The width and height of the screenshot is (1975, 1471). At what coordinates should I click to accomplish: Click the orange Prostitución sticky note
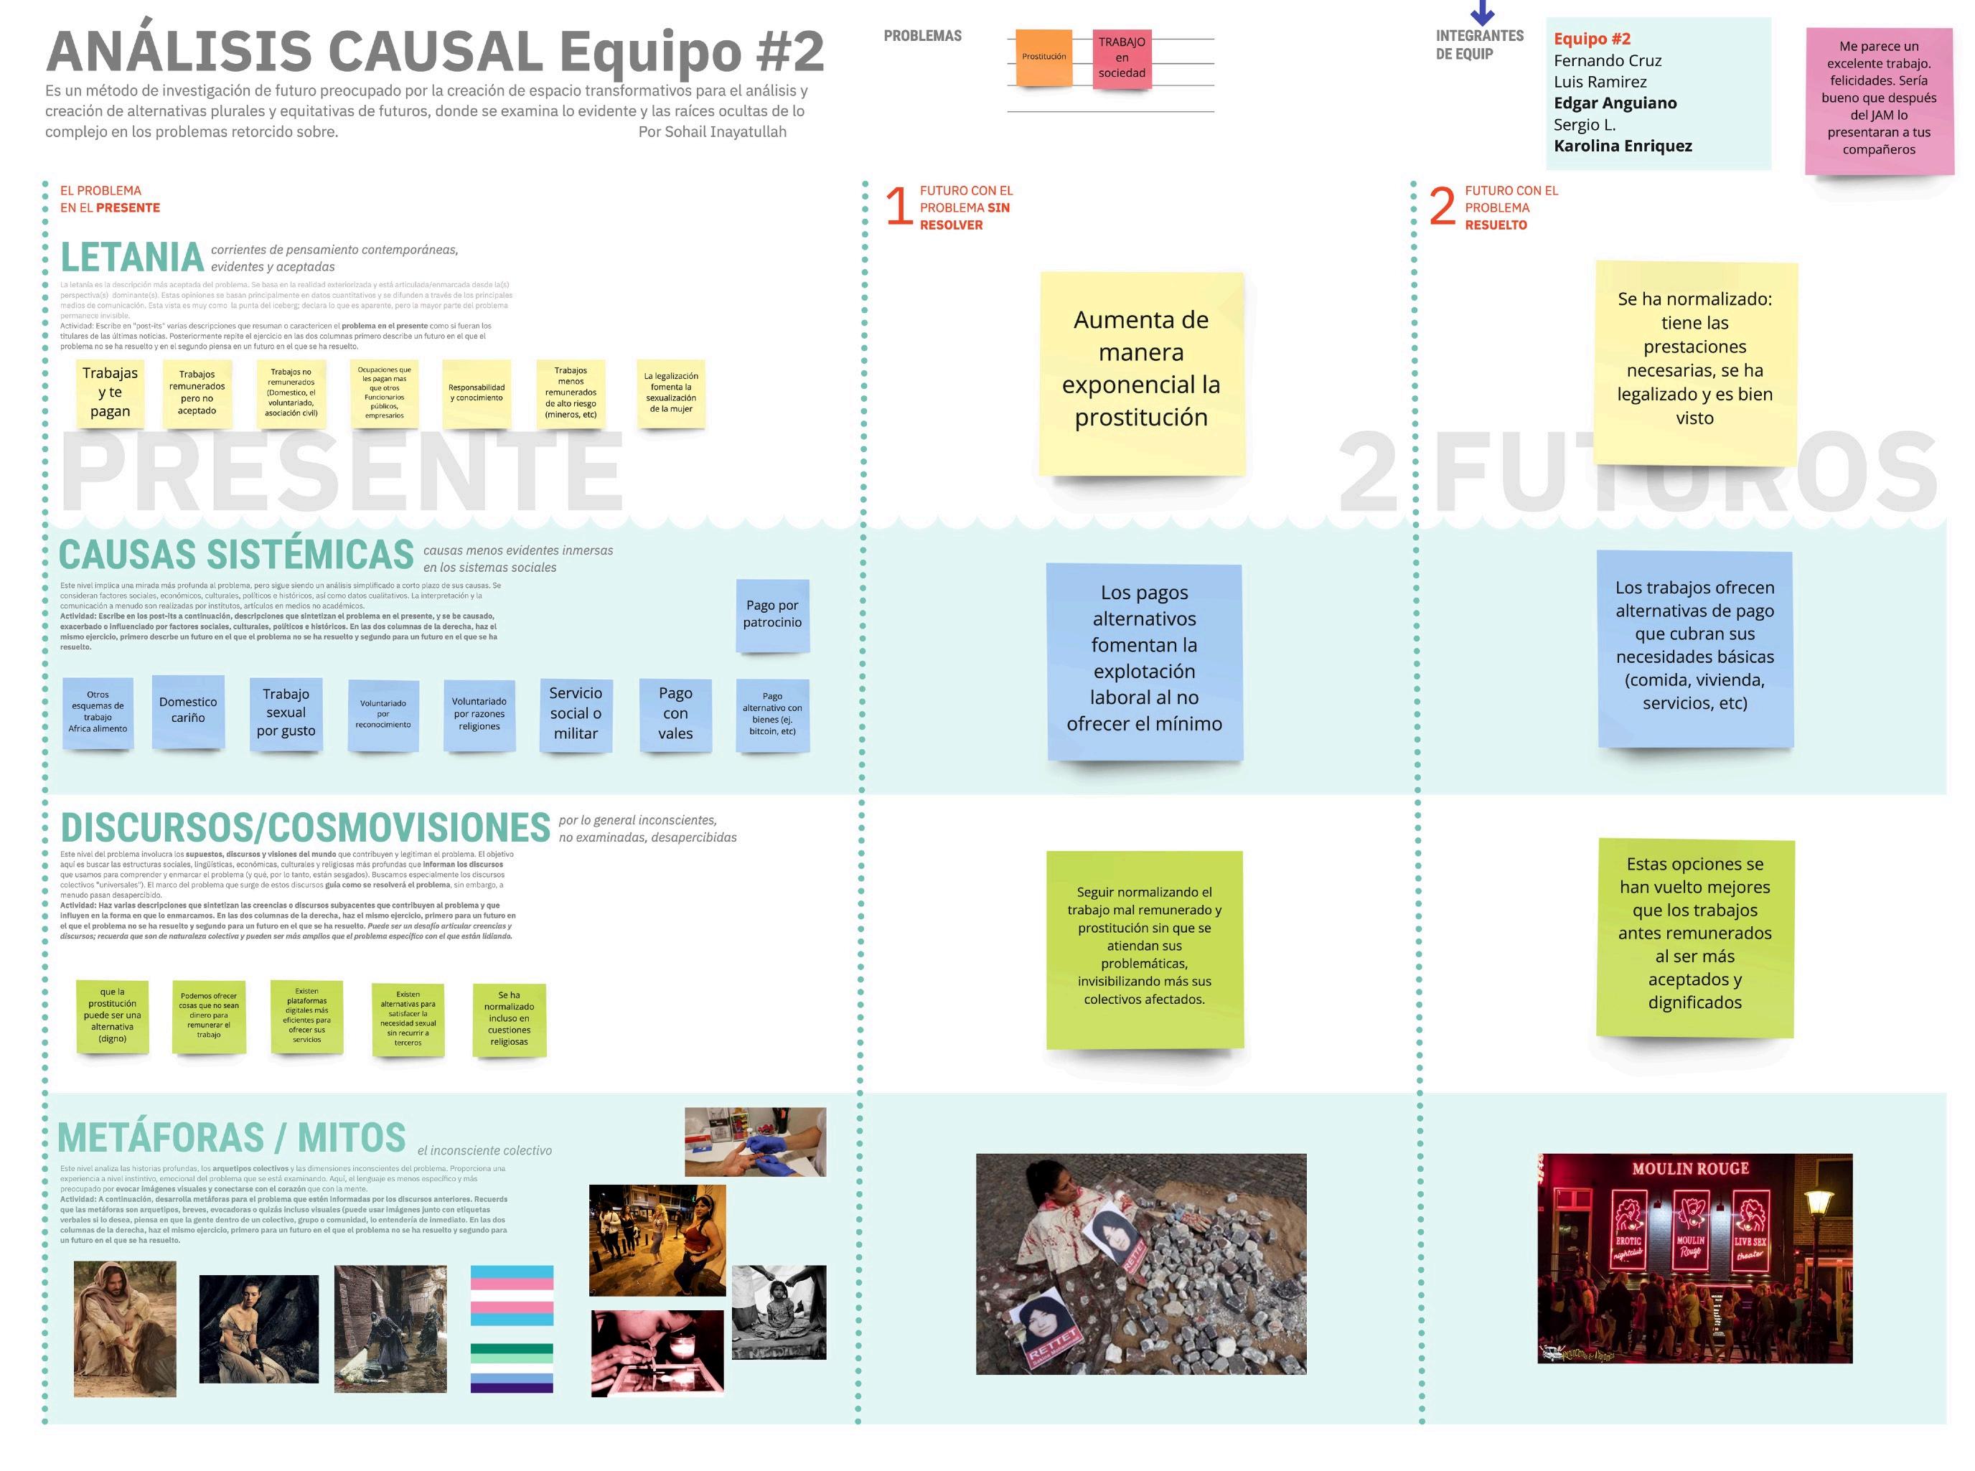click(x=1043, y=57)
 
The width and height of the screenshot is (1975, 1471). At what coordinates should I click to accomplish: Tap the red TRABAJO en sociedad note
click(x=1121, y=58)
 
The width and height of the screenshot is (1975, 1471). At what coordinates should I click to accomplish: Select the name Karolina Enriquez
click(x=1623, y=146)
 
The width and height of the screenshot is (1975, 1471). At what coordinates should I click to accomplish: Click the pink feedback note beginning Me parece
click(x=1879, y=98)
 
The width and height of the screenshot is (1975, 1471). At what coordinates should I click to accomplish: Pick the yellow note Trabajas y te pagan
click(x=111, y=393)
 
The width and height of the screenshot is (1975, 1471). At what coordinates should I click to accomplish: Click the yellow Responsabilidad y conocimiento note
click(x=477, y=393)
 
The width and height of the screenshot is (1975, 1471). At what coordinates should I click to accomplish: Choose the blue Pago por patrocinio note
click(x=772, y=614)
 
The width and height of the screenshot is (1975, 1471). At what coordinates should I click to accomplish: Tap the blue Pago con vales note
click(x=675, y=713)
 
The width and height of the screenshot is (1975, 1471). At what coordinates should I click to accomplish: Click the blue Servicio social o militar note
click(x=576, y=713)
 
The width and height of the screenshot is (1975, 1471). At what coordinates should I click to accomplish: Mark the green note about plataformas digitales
click(x=307, y=1015)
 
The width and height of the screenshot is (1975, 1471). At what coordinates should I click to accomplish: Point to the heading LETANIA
click(x=132, y=258)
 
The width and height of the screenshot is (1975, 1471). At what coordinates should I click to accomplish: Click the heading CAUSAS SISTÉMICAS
click(x=236, y=555)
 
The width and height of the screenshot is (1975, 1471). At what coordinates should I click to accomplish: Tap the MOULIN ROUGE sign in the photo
click(x=1690, y=1168)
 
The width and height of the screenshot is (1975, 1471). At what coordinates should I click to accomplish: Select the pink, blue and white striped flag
click(x=511, y=1297)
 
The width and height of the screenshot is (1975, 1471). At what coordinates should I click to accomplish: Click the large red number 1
click(x=898, y=207)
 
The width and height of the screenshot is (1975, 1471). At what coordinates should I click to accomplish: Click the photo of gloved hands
click(x=755, y=1142)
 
